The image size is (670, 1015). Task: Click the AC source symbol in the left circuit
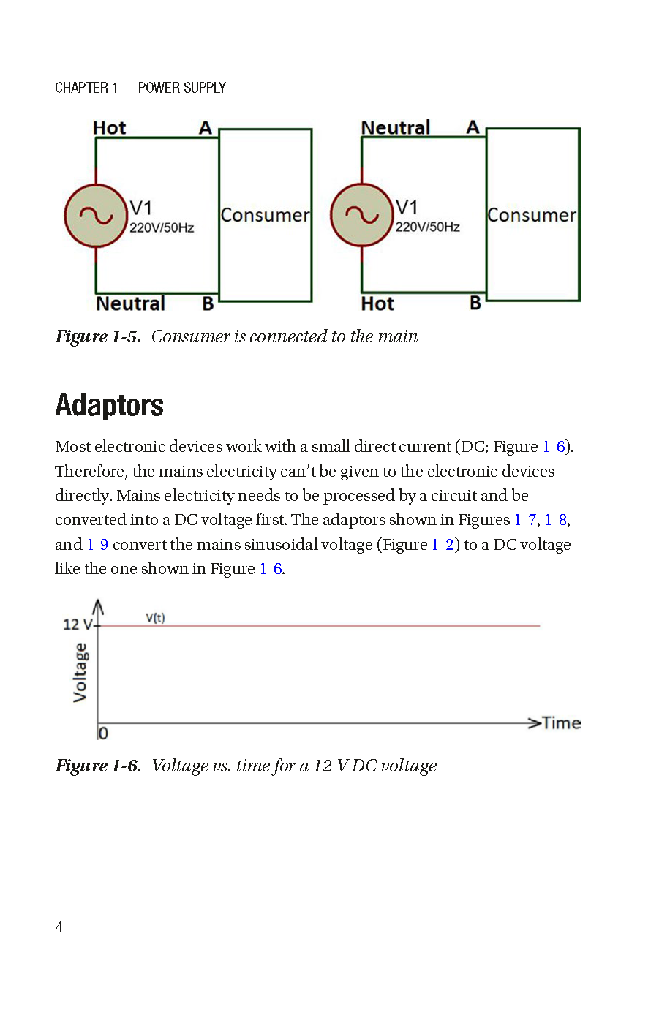96,216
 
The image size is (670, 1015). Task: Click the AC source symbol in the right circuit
361,215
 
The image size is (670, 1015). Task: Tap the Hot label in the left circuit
110,128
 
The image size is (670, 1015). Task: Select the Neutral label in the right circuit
396,128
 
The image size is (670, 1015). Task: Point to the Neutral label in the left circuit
130,303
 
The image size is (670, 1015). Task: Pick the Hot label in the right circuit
377,303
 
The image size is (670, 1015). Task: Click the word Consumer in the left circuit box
265,215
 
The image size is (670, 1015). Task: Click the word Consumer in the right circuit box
532,215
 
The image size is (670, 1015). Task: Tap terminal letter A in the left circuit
206,128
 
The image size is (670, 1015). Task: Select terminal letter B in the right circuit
475,303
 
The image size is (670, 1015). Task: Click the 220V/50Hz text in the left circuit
162,228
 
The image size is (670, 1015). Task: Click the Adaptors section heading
109,405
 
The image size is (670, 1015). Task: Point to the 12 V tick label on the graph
77,625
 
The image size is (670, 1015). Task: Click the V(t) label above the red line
155,618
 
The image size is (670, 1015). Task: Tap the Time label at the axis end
562,723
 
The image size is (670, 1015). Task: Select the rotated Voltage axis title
80,673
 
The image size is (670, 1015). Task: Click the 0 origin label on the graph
103,733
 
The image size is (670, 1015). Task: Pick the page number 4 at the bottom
59,927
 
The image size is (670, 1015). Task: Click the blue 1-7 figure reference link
525,520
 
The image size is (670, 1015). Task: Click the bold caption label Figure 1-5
97,336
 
